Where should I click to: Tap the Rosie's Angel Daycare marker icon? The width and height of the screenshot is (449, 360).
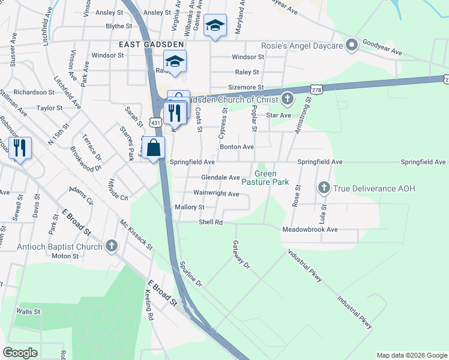[x=352, y=46]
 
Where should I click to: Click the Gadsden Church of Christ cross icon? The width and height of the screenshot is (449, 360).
[x=288, y=98]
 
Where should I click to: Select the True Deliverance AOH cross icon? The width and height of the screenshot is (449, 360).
[x=324, y=188]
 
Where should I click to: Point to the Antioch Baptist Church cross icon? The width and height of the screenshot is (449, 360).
[x=111, y=246]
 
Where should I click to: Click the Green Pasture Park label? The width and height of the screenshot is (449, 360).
[x=265, y=178]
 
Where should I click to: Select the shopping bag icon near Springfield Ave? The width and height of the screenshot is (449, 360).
[x=154, y=147]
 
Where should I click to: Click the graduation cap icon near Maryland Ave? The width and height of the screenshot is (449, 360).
[x=215, y=26]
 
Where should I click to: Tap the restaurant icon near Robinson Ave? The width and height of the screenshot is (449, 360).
[x=20, y=147]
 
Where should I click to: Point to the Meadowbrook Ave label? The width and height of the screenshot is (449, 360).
[x=310, y=229]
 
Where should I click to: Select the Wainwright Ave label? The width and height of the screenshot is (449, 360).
[x=217, y=193]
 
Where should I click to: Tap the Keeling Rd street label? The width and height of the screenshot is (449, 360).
[x=150, y=305]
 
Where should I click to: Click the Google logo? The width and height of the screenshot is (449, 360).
[x=20, y=353]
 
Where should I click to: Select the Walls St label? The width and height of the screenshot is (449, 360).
[x=28, y=312]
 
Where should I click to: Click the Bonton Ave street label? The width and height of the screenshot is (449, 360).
[x=237, y=146]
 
